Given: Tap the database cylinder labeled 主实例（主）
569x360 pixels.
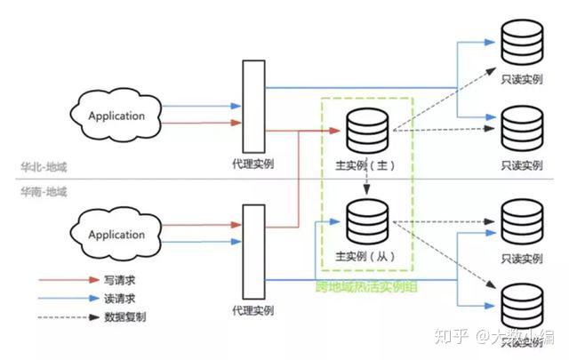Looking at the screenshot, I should click(367, 130).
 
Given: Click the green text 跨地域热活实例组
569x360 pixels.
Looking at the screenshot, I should click(366, 287).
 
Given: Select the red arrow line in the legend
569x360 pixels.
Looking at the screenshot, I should click(60, 279).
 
